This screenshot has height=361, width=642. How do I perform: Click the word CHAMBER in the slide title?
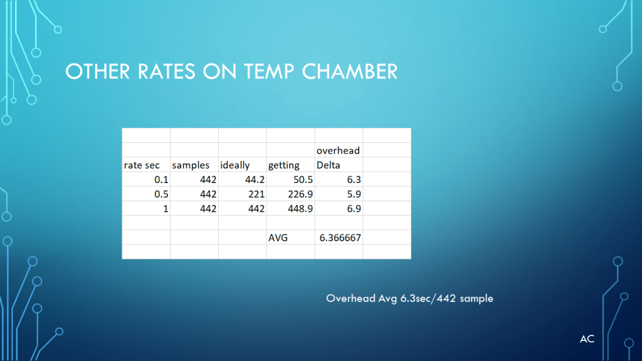coord(350,71)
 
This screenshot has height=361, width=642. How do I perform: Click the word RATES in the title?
coord(166,71)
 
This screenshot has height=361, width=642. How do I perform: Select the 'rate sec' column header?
coord(142,165)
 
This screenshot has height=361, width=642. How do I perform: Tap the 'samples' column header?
coord(191,165)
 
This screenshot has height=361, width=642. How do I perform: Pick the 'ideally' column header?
coord(235,165)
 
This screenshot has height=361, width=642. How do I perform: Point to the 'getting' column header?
coord(284,165)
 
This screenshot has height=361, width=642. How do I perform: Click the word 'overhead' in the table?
coord(338,150)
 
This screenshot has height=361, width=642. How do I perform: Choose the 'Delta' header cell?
coord(329,165)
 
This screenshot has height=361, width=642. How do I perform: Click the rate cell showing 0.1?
coord(161,180)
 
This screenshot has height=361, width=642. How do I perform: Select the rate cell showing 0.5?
coord(161,194)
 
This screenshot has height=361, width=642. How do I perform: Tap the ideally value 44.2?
coord(255,180)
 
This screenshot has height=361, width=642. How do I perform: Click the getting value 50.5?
coord(303,180)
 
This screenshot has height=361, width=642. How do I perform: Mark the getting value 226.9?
coord(300,194)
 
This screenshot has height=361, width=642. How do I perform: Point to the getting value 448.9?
coord(300,209)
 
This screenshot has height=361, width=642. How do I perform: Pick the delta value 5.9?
coord(354,194)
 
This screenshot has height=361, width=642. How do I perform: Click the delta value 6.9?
coord(354,209)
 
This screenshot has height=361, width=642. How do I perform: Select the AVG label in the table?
coord(278,238)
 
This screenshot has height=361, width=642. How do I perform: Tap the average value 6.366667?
coord(340,238)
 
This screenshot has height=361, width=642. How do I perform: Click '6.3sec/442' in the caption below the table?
coord(428,298)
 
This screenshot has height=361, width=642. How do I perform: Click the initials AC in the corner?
coord(587,339)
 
